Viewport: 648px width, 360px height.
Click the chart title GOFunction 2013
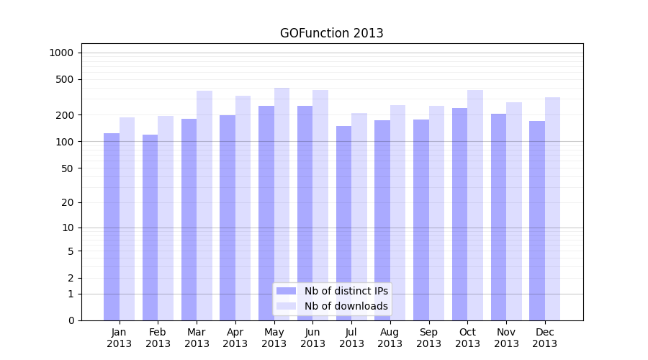(331, 33)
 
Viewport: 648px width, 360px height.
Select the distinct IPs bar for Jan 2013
(112, 227)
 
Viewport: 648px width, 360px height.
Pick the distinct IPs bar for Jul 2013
(343, 223)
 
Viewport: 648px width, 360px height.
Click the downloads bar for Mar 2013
(204, 205)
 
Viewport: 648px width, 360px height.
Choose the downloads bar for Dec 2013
(552, 209)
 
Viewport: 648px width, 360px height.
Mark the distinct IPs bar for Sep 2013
(421, 220)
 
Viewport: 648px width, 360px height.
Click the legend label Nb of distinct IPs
(346, 291)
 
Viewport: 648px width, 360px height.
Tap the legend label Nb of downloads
(346, 306)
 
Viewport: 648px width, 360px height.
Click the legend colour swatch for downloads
(286, 306)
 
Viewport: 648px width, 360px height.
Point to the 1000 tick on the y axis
(61, 53)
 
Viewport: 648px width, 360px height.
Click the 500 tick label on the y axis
(64, 79)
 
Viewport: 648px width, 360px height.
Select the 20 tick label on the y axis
(67, 202)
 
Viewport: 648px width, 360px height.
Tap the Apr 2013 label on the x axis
(235, 338)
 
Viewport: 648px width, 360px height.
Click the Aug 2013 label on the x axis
(390, 338)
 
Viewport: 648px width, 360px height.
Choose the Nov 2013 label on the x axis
(506, 338)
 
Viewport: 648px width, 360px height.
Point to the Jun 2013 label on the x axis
(312, 338)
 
